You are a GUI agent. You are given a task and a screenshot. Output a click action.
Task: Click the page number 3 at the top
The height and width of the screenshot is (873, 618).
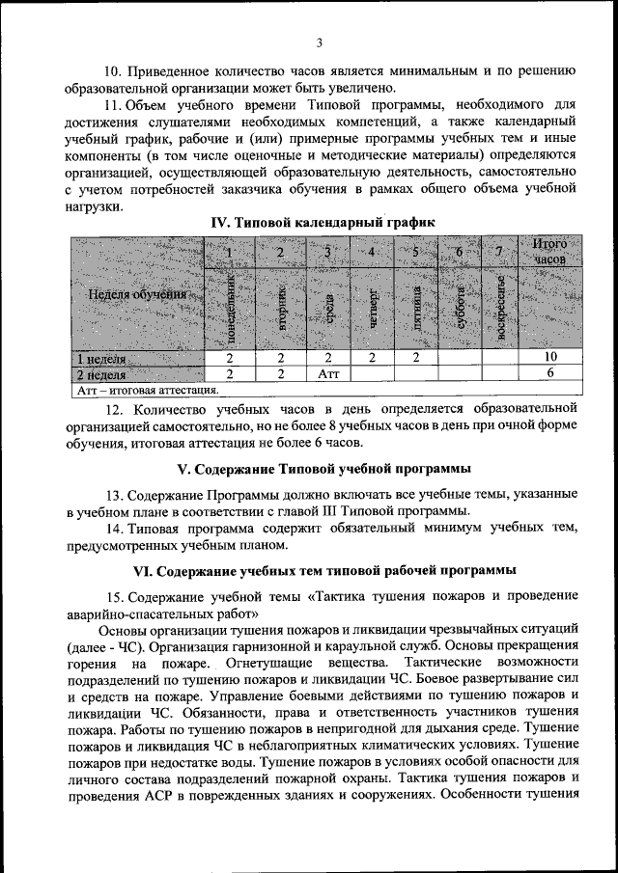click(x=318, y=42)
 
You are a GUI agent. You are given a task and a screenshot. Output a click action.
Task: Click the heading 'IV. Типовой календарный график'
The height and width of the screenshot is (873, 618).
click(x=323, y=222)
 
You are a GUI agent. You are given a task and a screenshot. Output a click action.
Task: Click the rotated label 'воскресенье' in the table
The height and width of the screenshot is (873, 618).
click(x=500, y=311)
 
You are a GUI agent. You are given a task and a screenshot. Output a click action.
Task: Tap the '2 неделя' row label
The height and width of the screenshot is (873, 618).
click(x=101, y=373)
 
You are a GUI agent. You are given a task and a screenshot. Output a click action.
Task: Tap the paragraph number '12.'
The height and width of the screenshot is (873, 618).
click(x=115, y=408)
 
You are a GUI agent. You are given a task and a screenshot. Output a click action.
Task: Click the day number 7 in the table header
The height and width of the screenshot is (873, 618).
click(x=499, y=253)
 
